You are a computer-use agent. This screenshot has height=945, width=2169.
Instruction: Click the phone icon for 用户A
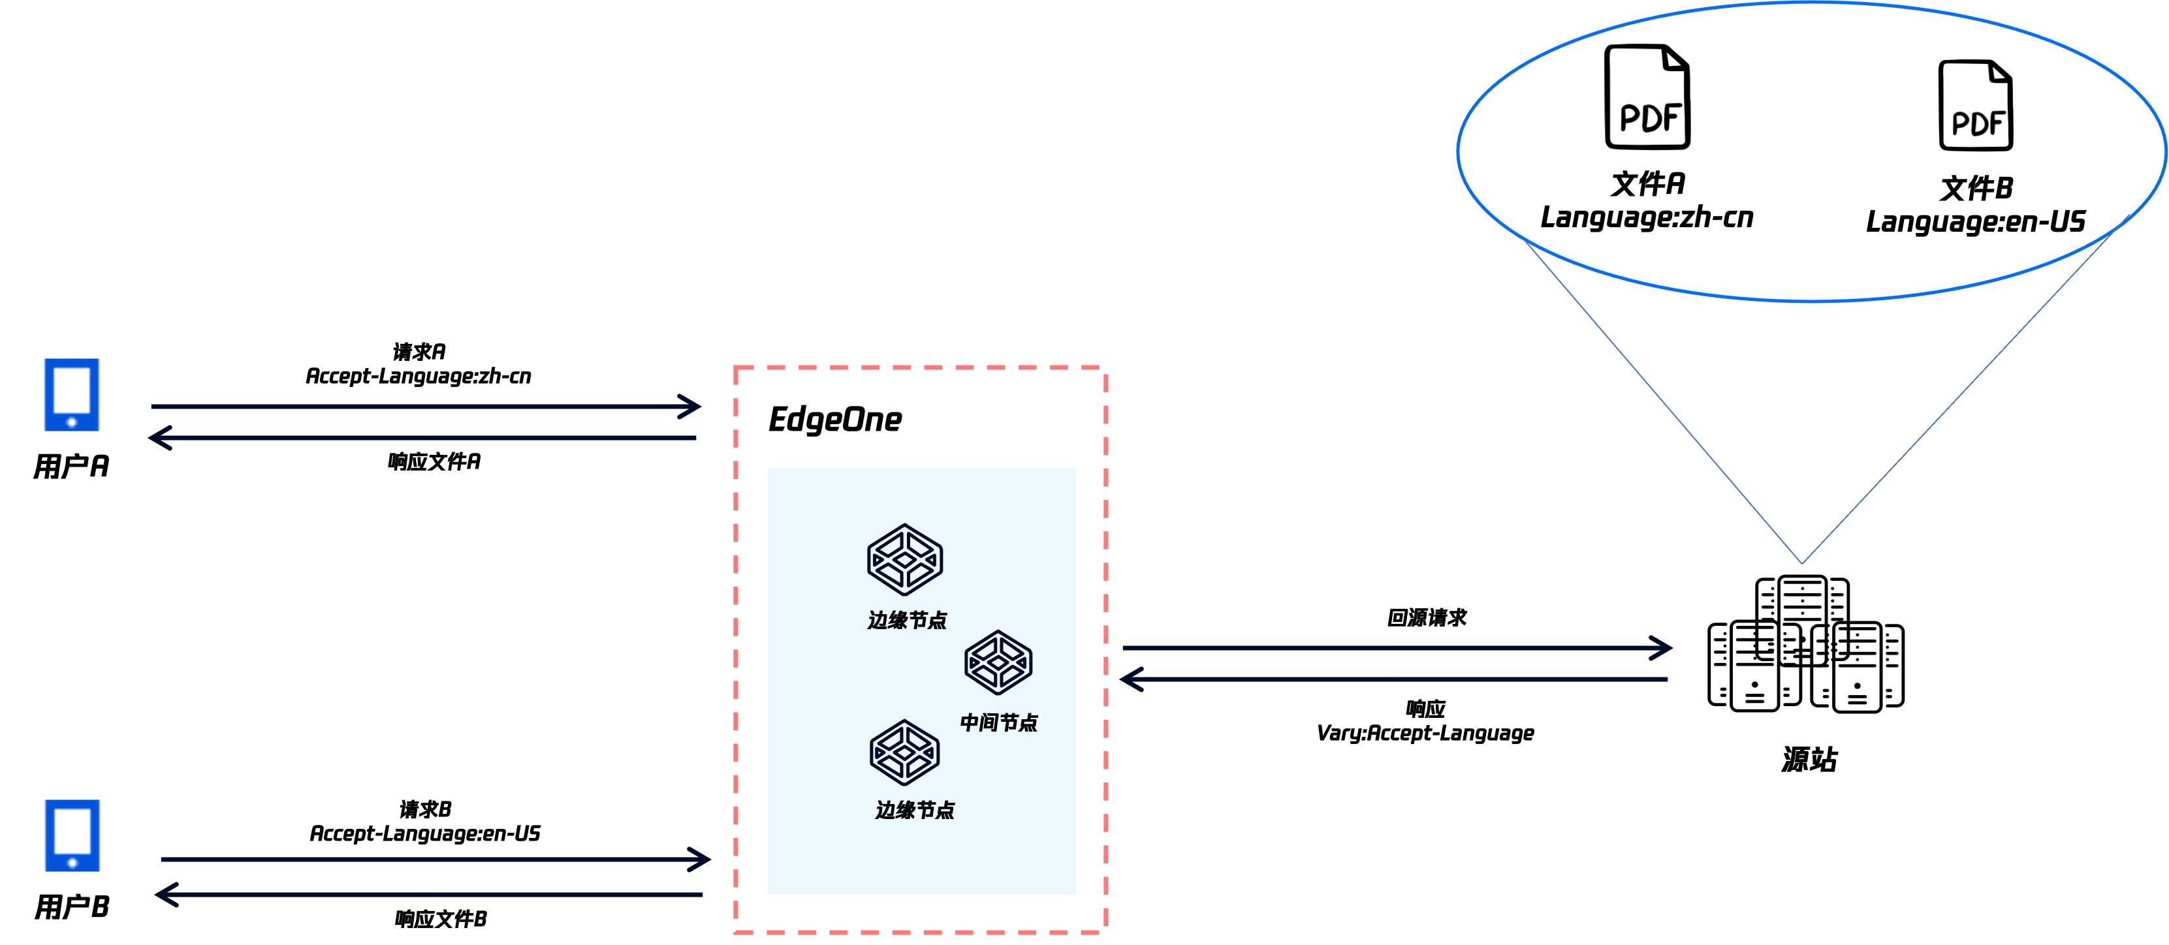pos(72,395)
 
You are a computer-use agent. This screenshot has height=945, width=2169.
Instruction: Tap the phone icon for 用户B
pos(72,835)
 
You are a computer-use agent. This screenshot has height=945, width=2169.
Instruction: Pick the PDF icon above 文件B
pos(1975,105)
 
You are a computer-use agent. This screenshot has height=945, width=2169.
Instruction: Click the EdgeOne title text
pos(834,419)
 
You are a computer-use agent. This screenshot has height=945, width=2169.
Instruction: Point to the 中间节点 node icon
pos(998,662)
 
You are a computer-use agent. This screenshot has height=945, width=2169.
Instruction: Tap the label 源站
pos(1809,759)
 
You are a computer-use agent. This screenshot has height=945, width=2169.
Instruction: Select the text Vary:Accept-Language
pos(1425,733)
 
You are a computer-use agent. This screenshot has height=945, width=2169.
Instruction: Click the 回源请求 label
pos(1427,617)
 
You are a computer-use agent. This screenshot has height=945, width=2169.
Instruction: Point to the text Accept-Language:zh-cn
pos(419,376)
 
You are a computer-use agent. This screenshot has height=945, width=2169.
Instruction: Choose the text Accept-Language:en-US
pos(425,834)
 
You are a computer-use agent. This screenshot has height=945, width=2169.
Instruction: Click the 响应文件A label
pos(434,461)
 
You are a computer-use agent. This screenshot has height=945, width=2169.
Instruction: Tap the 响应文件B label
pos(440,919)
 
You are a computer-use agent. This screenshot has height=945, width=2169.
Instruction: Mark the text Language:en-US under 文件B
pos(1975,222)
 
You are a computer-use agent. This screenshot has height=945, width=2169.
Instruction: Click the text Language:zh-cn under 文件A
pos(1647,218)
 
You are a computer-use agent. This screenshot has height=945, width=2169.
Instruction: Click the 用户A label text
pos(72,466)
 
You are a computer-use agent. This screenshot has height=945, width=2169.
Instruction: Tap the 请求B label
pos(425,809)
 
